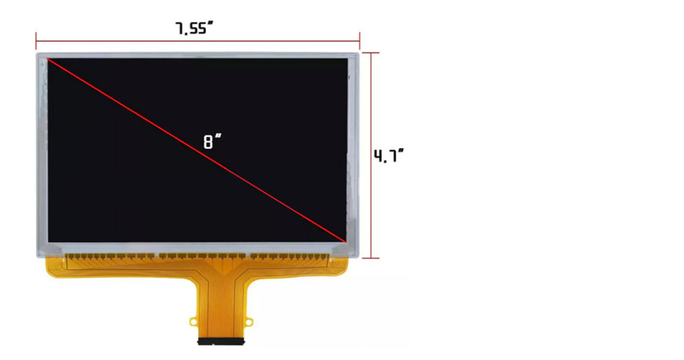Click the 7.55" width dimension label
[194, 28]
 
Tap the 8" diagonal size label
[212, 141]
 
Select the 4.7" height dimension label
[389, 156]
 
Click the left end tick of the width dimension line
[36, 41]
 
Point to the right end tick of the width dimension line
[359, 41]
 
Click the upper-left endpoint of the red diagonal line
[47, 58]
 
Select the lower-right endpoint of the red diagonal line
[346, 241]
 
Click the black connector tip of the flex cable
[221, 341]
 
